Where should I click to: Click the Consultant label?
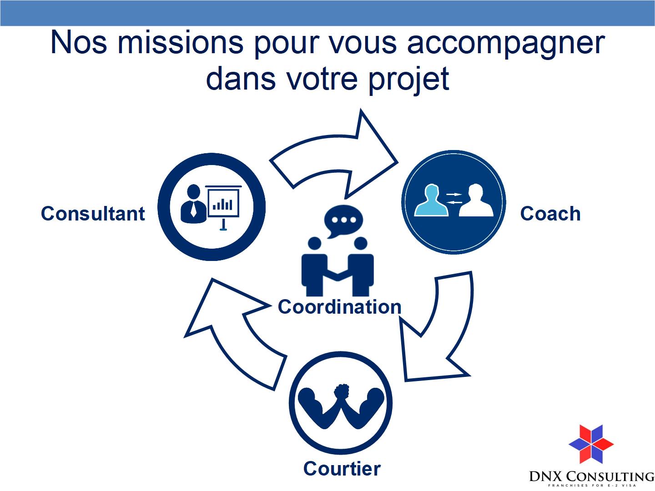point(93,214)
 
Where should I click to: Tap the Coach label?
point(550,214)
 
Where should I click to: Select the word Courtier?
point(342,468)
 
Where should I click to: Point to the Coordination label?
point(339,306)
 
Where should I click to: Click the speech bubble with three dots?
point(343,221)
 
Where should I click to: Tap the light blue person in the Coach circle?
point(432,200)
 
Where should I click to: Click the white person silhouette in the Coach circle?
point(476,200)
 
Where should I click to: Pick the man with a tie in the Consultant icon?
point(194,204)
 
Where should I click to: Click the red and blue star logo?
point(591,444)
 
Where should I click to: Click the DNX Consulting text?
point(591,476)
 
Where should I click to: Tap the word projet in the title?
point(408,80)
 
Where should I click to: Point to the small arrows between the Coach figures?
point(453,198)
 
